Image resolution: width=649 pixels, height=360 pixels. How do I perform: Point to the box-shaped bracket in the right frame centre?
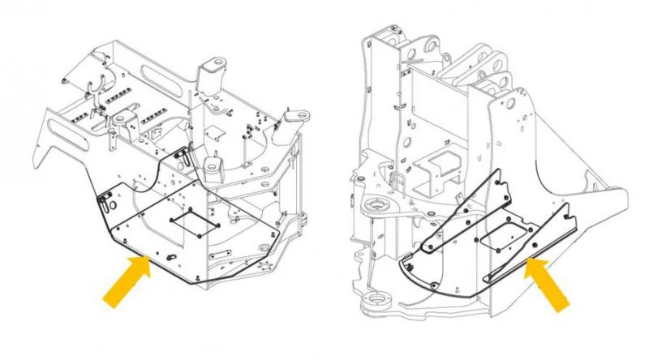click(x=438, y=166)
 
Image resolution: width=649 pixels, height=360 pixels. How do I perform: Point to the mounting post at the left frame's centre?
click(x=213, y=166)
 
